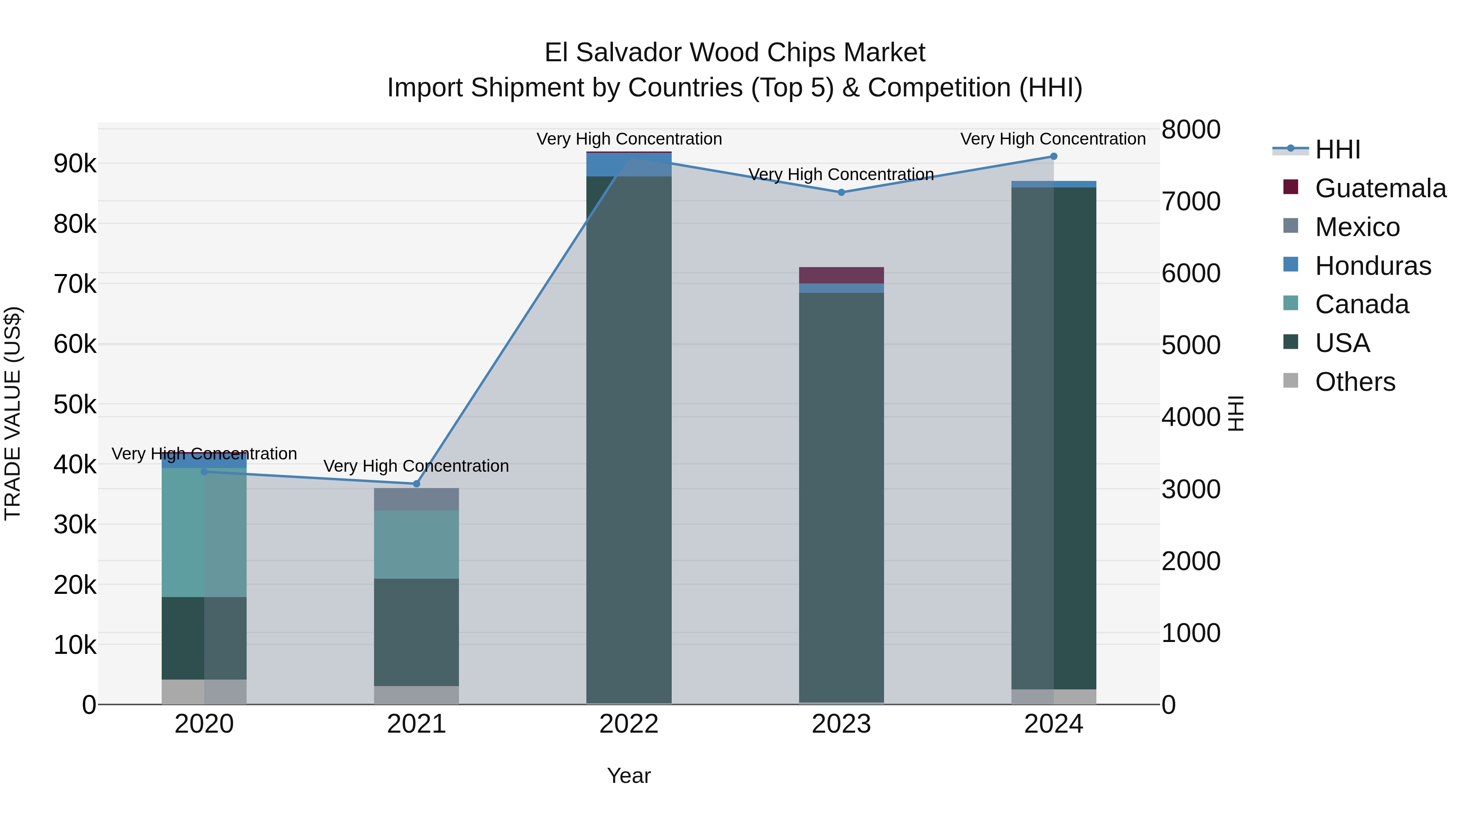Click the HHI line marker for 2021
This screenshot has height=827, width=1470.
(416, 484)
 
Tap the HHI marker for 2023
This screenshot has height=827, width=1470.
(841, 192)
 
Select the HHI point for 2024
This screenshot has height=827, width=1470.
(1053, 156)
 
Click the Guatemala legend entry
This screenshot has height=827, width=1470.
(1380, 188)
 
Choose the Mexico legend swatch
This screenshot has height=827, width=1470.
(1291, 226)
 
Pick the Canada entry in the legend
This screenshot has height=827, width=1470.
(1361, 304)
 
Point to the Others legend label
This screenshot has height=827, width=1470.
(1355, 382)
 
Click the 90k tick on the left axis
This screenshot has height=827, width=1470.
(75, 164)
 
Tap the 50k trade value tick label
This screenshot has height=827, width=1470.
(75, 405)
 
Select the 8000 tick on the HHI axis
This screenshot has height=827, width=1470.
(1191, 129)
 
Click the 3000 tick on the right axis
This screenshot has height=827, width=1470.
(1191, 489)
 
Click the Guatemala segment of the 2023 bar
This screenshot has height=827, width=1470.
(841, 275)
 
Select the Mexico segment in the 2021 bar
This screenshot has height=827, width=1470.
(416, 499)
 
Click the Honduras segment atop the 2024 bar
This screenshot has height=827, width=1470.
(1053, 184)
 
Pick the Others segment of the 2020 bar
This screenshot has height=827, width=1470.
(204, 692)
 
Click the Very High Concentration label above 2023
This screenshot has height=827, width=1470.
(841, 175)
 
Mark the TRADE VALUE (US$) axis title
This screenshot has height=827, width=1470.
(13, 413)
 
